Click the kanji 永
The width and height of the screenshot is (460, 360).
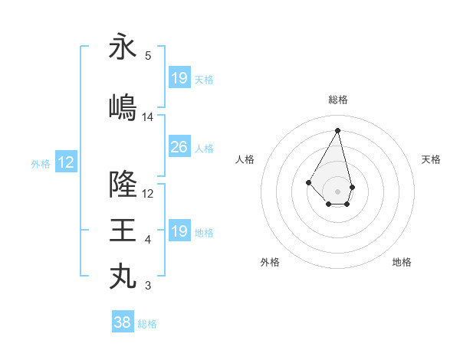pyautogui.click(x=123, y=47)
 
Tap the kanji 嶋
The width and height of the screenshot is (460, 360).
pyautogui.click(x=123, y=107)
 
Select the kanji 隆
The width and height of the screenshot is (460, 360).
pyautogui.click(x=123, y=184)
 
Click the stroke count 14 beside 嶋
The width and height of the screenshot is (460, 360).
pyautogui.click(x=148, y=117)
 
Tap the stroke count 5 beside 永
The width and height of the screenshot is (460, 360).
pyautogui.click(x=148, y=56)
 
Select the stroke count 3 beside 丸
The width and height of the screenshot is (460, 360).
pyautogui.click(x=148, y=286)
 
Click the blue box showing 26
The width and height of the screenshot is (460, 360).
pyautogui.click(x=179, y=147)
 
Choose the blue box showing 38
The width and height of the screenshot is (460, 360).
pyautogui.click(x=123, y=322)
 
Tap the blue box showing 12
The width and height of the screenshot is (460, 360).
pyautogui.click(x=66, y=162)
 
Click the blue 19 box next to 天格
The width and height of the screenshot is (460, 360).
pyautogui.click(x=179, y=78)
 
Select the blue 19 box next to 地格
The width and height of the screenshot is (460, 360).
pyautogui.click(x=179, y=231)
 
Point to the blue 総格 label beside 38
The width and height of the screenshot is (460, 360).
pyautogui.click(x=147, y=324)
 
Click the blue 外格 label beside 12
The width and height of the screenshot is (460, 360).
pyautogui.click(x=41, y=163)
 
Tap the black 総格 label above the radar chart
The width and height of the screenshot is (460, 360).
pyautogui.click(x=338, y=100)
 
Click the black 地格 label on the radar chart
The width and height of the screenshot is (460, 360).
pyautogui.click(x=402, y=262)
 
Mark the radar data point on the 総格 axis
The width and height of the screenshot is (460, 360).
pyautogui.click(x=337, y=129)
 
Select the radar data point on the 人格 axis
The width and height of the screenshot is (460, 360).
pyautogui.click(x=309, y=182)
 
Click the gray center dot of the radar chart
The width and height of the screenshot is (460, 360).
pyautogui.click(x=337, y=191)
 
